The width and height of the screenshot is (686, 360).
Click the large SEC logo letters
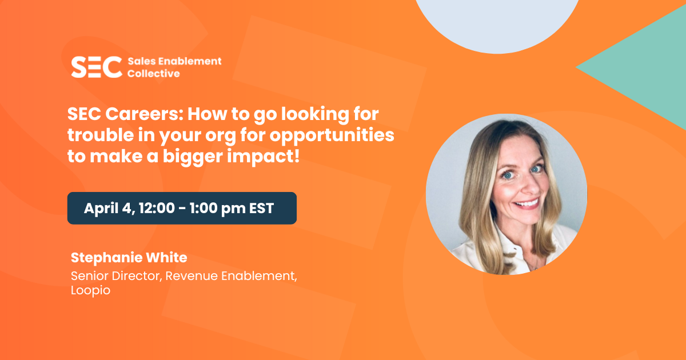tap(97, 67)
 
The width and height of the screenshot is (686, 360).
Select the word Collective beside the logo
tap(153, 74)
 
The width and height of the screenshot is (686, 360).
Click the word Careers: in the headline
tap(144, 114)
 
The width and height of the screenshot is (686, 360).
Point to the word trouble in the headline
tap(101, 135)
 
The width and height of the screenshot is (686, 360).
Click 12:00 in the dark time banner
tap(157, 208)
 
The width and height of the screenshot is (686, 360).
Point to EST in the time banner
tap(261, 209)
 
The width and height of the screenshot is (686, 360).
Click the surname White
tap(166, 258)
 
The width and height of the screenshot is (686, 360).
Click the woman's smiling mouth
tap(527, 204)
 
